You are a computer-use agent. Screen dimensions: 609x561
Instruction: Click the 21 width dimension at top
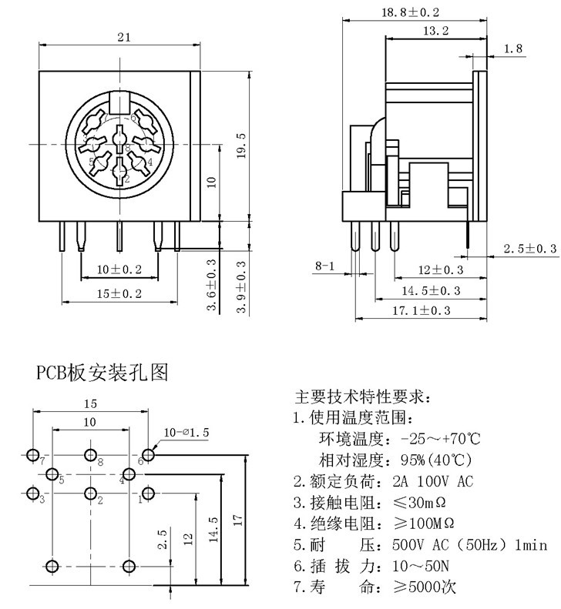[x=120, y=37]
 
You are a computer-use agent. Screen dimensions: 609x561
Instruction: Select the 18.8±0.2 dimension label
[x=411, y=12]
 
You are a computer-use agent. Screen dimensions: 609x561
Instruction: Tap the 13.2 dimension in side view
[x=436, y=31]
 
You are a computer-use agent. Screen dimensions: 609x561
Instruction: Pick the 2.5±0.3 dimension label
[x=530, y=248]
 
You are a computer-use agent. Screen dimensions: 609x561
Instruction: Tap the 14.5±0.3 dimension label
[x=432, y=290]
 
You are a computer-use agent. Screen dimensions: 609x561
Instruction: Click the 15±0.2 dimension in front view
[x=120, y=293]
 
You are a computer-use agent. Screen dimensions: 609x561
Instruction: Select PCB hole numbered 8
[x=90, y=454]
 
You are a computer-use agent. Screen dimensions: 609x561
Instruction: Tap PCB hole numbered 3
[x=32, y=493]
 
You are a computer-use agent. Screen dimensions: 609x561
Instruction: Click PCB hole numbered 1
[x=148, y=493]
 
